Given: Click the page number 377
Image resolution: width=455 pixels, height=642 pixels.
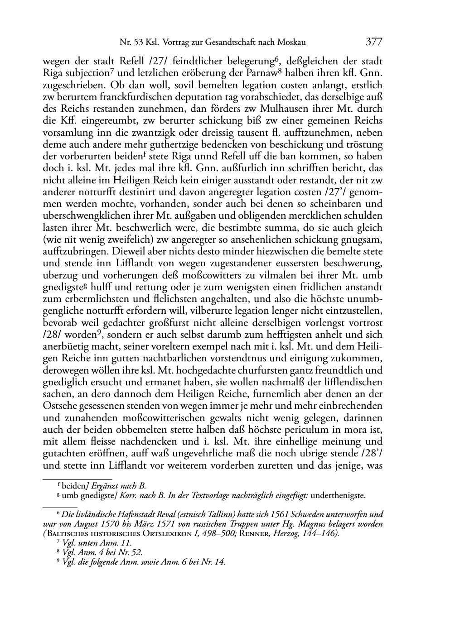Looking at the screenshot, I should point(374,43).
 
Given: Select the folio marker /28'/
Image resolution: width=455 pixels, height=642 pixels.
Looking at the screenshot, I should point(372,453).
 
